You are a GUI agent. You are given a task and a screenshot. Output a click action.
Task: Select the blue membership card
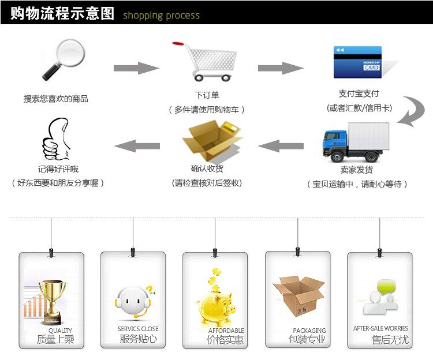[x=357, y=62]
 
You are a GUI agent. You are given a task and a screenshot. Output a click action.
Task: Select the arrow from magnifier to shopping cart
[x=136, y=68]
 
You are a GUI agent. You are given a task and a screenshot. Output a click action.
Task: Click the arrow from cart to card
[x=280, y=68]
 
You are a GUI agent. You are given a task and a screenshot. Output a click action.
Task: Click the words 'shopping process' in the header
[x=161, y=16]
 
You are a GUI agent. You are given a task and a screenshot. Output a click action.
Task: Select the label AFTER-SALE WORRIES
[x=380, y=328]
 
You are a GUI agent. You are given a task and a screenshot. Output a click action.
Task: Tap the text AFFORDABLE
[x=226, y=331]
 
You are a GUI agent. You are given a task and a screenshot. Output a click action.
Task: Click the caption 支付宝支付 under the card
[x=359, y=93]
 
